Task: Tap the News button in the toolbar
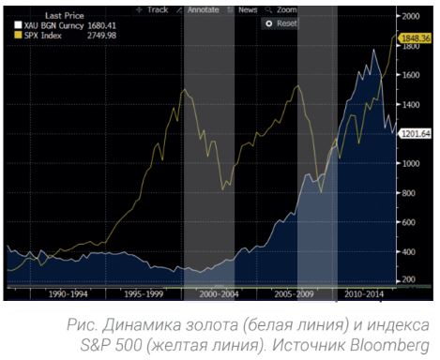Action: (x=248, y=8)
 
